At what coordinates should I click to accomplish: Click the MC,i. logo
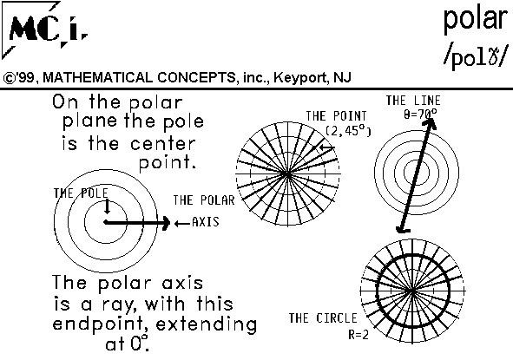[45, 30]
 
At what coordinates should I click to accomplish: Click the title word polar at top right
[476, 20]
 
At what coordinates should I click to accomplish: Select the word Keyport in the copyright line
[301, 78]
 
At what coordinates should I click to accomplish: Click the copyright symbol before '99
[9, 78]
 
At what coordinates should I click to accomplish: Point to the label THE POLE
[81, 193]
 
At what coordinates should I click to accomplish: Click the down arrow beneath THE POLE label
[107, 206]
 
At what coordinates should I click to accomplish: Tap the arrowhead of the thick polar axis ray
[166, 222]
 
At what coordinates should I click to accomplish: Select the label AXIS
[206, 222]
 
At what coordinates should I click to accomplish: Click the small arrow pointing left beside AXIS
[182, 224]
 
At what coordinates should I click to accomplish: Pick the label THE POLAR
[204, 200]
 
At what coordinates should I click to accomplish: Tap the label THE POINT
[336, 115]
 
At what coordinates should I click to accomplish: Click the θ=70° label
[420, 115]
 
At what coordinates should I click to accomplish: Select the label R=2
[358, 335]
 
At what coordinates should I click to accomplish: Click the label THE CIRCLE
[323, 317]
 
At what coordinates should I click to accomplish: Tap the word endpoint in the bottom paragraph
[98, 324]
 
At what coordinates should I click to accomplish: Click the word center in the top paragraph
[163, 143]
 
